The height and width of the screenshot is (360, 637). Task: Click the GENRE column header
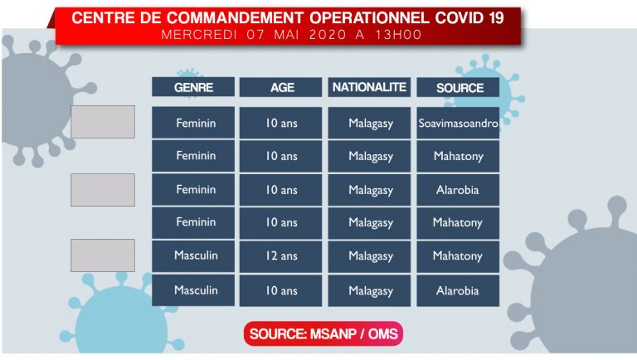point(193,87)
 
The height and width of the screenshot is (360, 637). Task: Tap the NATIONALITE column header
point(369,87)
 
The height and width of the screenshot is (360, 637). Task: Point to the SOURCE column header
point(458,87)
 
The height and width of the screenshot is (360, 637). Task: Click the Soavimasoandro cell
point(458,123)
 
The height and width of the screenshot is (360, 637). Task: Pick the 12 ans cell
point(280,256)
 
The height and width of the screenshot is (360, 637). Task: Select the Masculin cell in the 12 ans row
point(193,256)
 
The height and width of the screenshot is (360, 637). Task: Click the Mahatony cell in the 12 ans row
point(458,256)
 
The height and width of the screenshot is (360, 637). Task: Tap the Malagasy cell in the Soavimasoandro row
point(369,123)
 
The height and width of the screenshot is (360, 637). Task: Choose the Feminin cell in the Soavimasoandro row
point(193,123)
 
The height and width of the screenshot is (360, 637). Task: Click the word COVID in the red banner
point(460,18)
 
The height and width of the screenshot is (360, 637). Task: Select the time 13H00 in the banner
point(398,35)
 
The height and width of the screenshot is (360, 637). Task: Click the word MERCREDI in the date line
point(199,35)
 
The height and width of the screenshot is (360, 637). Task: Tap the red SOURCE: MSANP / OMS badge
point(323,333)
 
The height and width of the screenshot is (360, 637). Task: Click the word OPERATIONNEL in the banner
point(369,18)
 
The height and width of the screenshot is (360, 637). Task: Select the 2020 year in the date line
point(328,35)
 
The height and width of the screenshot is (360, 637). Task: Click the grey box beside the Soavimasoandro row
point(103,122)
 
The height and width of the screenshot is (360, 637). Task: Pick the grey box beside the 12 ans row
point(103,255)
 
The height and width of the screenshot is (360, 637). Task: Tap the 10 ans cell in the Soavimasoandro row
point(280,123)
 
